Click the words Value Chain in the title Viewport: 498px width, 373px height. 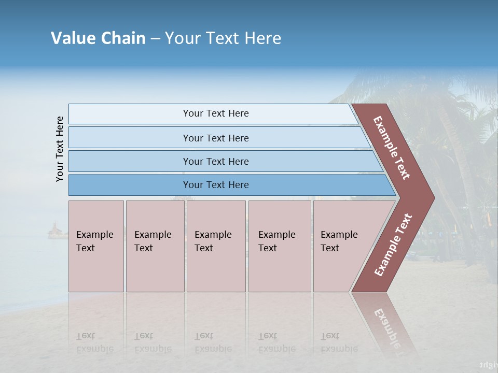coord(98,38)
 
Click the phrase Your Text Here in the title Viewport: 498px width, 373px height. coord(223,38)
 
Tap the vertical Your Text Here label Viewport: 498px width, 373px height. coord(60,149)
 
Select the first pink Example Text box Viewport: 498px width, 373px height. coord(96,246)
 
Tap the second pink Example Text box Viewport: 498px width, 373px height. coord(155,246)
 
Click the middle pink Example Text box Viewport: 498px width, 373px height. coord(216,246)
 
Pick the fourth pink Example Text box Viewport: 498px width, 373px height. coord(279,246)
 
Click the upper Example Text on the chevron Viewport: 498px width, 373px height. coord(392,148)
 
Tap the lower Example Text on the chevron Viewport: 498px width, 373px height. coord(393,245)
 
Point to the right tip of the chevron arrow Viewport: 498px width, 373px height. coord(433,197)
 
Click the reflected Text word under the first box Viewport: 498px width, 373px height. coord(86,336)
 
